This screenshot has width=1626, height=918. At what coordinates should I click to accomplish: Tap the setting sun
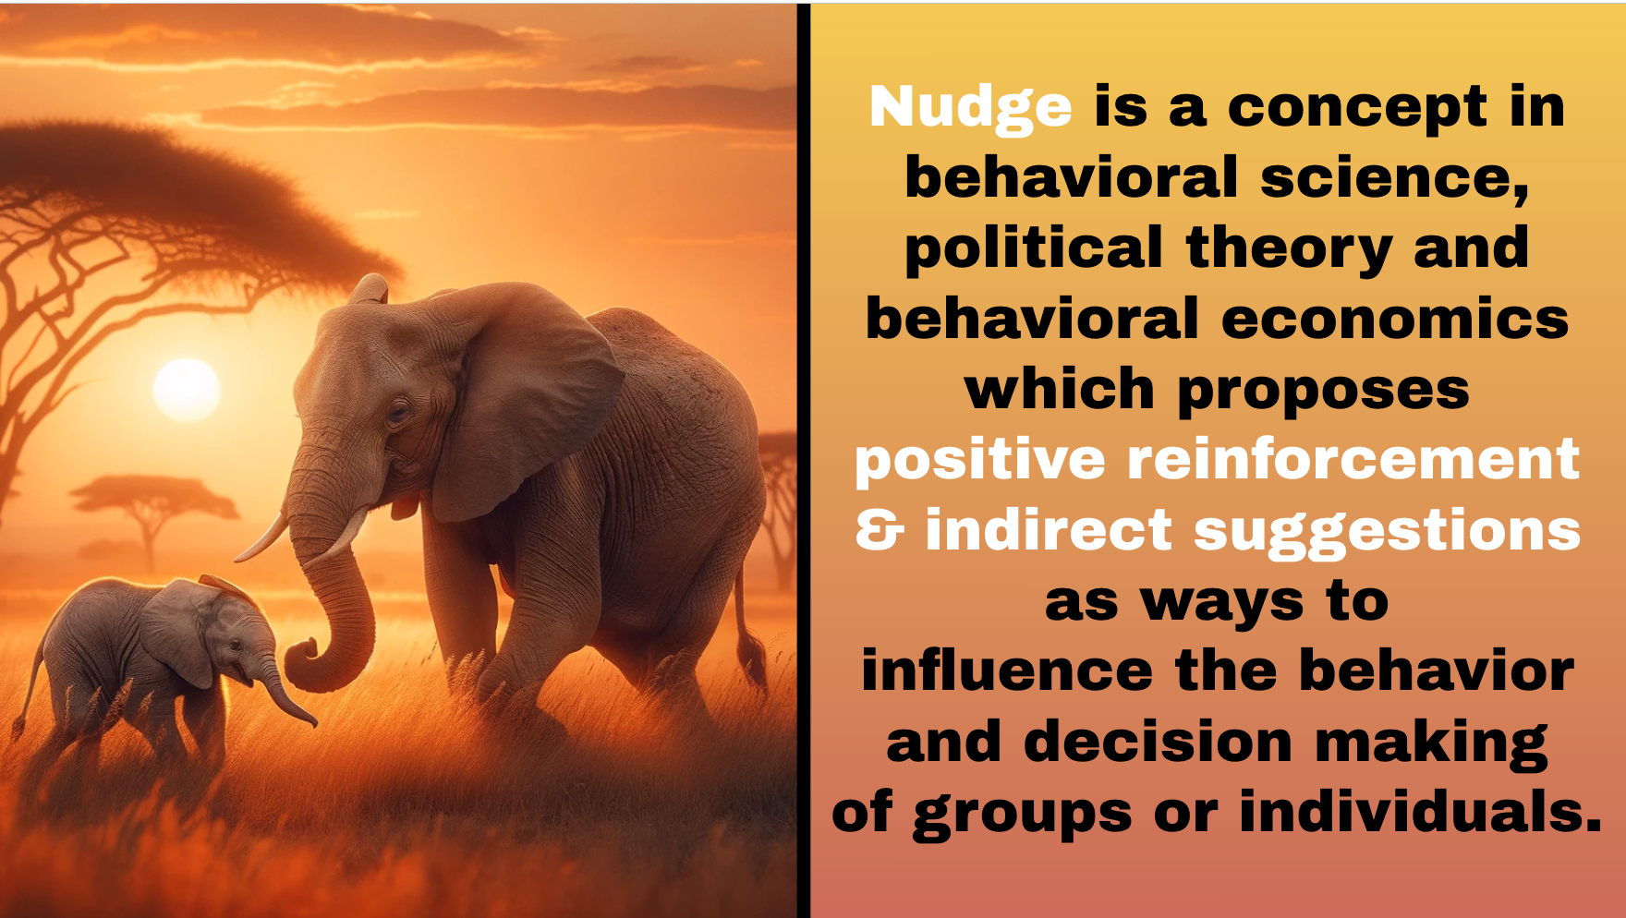click(x=187, y=390)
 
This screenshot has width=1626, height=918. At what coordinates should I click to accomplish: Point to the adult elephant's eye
click(x=398, y=411)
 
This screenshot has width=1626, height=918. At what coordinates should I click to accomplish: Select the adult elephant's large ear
click(x=517, y=397)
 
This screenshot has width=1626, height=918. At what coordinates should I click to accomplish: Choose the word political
click(x=1034, y=250)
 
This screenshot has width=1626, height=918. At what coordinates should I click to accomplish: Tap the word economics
click(x=1395, y=320)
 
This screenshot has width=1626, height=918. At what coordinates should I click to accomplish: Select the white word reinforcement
click(x=1353, y=459)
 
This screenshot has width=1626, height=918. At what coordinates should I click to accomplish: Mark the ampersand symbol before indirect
click(x=880, y=530)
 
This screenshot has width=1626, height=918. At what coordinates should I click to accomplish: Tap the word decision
click(x=1159, y=742)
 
